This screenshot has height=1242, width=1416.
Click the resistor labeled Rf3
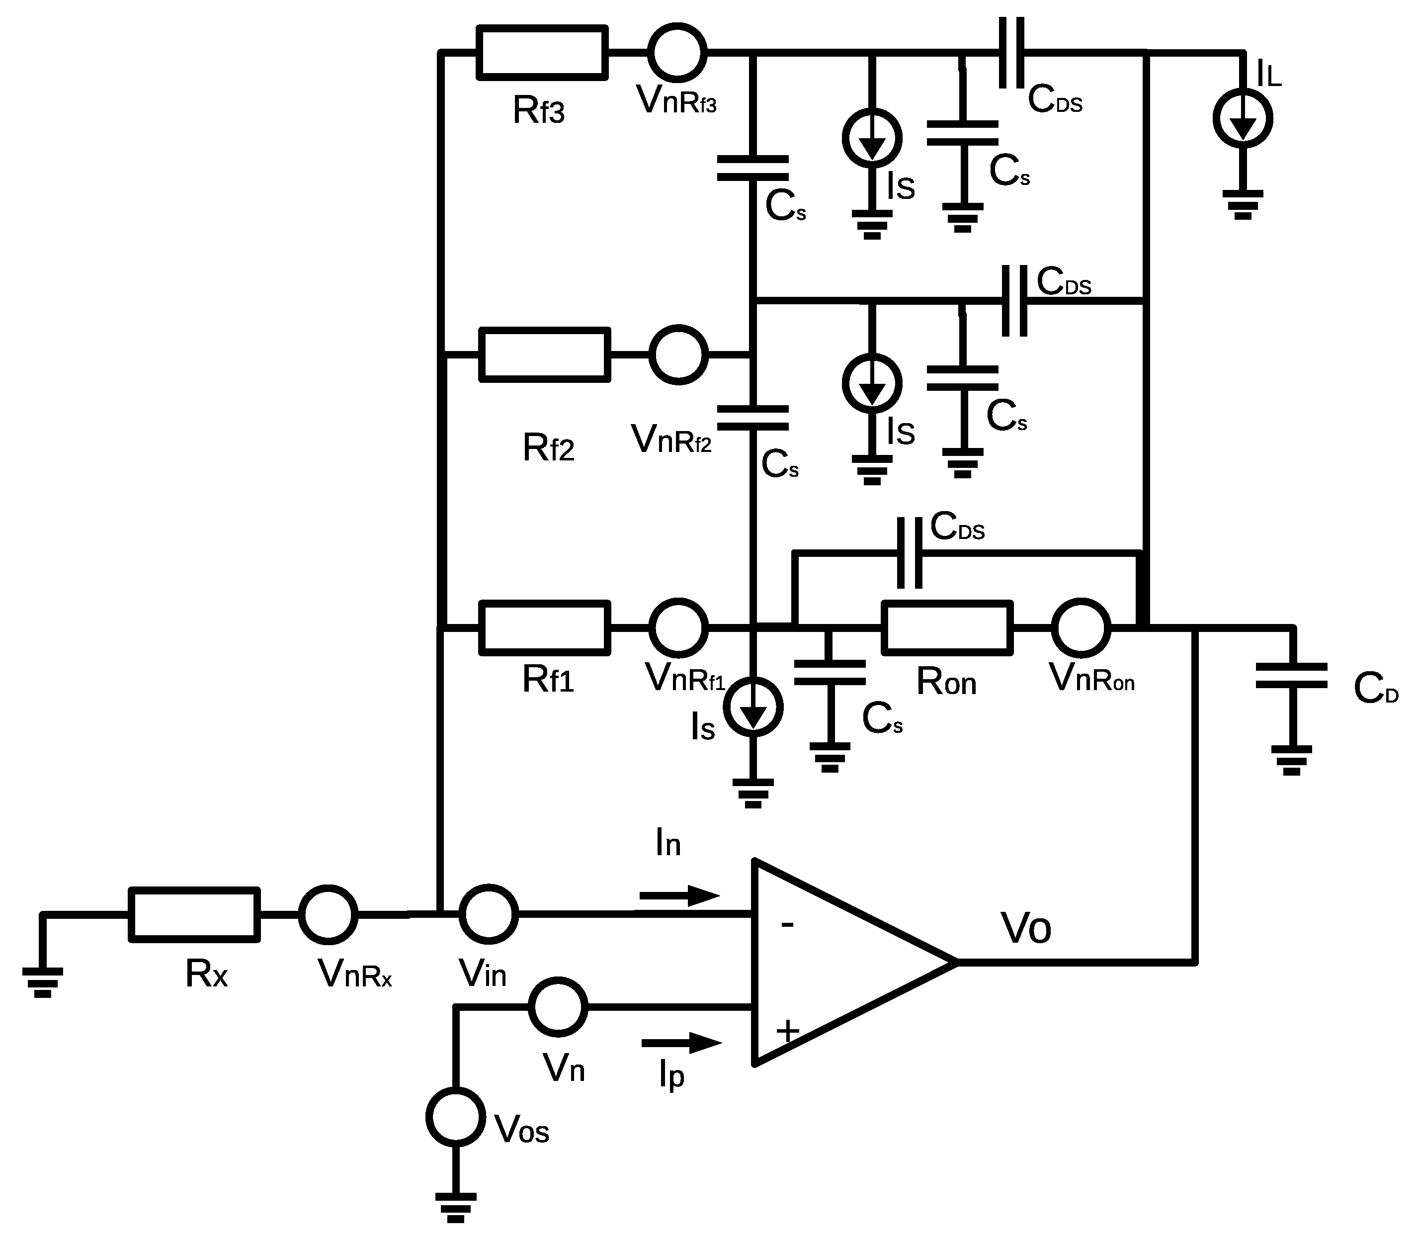(x=542, y=52)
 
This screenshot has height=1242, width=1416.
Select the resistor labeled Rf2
(x=545, y=354)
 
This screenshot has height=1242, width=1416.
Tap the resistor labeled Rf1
(x=545, y=627)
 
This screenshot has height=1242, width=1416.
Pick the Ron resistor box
(x=946, y=627)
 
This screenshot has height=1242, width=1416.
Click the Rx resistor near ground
(x=195, y=914)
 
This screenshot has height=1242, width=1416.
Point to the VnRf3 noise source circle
(x=677, y=52)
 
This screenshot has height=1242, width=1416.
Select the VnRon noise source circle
(x=1081, y=627)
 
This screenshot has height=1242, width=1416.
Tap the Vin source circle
(x=489, y=914)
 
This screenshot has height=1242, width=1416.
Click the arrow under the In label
(x=679, y=896)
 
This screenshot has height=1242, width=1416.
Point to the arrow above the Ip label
(x=681, y=1043)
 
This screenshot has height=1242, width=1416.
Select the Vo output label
(x=1025, y=929)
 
